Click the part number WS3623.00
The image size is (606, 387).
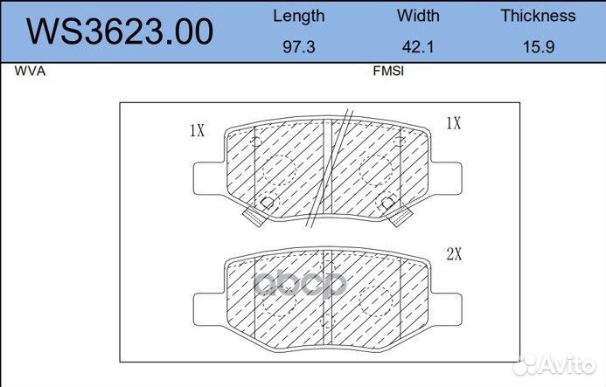[x=120, y=31]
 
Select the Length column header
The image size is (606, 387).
[x=299, y=17]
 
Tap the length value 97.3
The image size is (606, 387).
[x=299, y=46]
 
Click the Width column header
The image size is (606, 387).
[x=418, y=16]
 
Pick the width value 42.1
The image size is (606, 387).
[x=418, y=46]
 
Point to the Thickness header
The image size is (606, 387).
[x=538, y=16]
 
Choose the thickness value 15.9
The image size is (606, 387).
[x=539, y=46]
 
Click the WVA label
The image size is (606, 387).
[x=30, y=71]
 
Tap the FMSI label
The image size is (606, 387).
[x=388, y=71]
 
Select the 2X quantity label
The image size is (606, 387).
[x=454, y=253]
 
